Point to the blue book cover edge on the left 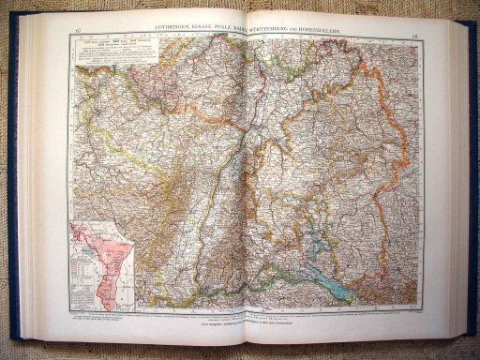[x=13, y=187]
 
